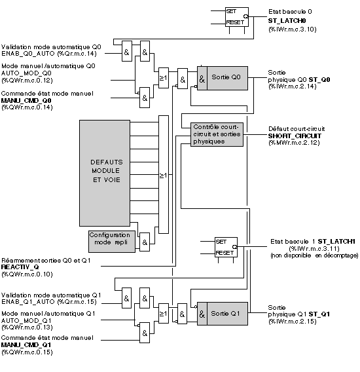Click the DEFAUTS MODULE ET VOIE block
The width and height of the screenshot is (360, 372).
(x=105, y=173)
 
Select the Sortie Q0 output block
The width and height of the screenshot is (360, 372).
(x=223, y=78)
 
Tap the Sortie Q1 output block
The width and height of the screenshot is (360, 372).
(x=223, y=314)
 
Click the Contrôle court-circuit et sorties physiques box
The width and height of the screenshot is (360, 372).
(x=217, y=134)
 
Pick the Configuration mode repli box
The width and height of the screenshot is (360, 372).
(x=112, y=242)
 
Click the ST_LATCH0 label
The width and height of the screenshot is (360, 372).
(x=287, y=21)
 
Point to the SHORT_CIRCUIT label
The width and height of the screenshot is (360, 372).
(x=295, y=136)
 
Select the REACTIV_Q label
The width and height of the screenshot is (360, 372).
(x=20, y=267)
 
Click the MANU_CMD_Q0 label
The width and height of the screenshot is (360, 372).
(x=26, y=101)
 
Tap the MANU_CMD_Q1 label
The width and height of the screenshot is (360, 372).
(x=26, y=344)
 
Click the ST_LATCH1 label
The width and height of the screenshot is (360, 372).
(x=336, y=242)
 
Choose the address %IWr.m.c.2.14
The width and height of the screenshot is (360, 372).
(x=293, y=86)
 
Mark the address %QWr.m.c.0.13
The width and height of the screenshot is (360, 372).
(x=27, y=327)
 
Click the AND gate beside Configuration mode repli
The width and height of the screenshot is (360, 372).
(x=145, y=242)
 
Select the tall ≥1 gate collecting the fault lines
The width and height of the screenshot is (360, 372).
(x=164, y=175)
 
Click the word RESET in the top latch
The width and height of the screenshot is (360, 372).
(x=235, y=22)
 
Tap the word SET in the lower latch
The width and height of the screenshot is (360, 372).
(x=221, y=242)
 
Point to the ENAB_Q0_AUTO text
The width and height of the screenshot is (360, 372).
(x=28, y=54)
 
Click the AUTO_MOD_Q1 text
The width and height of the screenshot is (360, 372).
(x=26, y=321)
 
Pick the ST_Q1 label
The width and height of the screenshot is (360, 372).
(x=319, y=314)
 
